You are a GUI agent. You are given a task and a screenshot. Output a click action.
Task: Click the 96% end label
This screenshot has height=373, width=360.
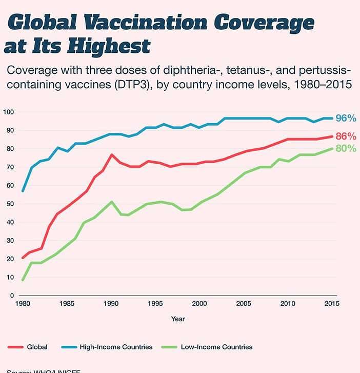(345, 119)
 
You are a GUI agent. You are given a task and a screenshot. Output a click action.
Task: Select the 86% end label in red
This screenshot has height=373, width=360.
(345, 136)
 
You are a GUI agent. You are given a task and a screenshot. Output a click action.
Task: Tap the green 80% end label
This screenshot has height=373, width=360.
(345, 149)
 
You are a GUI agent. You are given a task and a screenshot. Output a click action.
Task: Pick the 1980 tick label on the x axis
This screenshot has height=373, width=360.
(23, 303)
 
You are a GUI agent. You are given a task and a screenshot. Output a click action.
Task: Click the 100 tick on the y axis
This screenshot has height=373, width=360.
(9, 112)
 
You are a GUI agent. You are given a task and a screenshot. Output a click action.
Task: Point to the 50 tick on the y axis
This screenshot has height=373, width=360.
(10, 204)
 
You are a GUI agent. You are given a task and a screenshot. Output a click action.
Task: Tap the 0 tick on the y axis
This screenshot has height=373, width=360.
(11, 296)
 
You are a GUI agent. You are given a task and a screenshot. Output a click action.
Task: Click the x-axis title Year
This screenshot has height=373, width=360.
(178, 319)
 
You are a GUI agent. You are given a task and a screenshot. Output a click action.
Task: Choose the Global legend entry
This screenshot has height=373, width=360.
(36, 347)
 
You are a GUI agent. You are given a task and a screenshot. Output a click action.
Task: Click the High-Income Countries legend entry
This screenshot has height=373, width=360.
(116, 347)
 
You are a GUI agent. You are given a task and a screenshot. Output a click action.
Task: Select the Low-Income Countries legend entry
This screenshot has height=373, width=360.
(216, 347)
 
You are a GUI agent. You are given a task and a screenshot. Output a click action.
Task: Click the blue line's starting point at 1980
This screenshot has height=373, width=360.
(23, 191)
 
